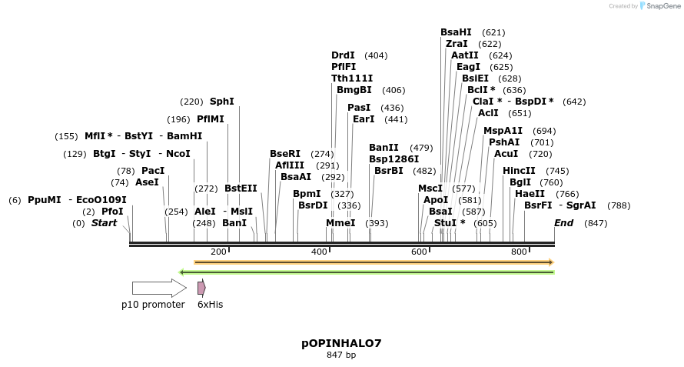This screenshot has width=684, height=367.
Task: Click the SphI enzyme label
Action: (x=221, y=102)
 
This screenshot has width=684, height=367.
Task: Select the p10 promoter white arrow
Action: (x=158, y=288)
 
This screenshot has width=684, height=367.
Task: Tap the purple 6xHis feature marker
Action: (x=201, y=288)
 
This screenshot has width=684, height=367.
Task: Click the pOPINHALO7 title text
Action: (x=341, y=343)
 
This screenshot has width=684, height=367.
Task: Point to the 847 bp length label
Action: (x=341, y=355)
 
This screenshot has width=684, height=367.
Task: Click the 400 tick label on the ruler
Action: (x=319, y=252)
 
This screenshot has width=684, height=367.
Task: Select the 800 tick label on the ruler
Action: (x=519, y=252)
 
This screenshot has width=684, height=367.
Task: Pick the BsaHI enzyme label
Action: (x=456, y=32)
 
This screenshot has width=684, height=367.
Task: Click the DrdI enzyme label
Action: (x=343, y=55)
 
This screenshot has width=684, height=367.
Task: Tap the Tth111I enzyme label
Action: (x=352, y=78)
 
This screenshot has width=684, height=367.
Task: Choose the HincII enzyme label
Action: (x=519, y=171)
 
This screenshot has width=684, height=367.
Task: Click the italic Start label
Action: (x=105, y=223)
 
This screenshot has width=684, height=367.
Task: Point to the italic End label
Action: (x=563, y=223)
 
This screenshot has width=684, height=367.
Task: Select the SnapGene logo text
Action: (x=662, y=6)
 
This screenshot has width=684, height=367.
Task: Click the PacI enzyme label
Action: (x=152, y=171)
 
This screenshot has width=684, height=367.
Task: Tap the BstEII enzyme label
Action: (x=241, y=188)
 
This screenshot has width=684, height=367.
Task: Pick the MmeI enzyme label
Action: (x=340, y=223)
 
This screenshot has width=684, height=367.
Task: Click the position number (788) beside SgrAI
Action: (x=619, y=205)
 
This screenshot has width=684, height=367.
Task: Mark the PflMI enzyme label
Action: (x=211, y=119)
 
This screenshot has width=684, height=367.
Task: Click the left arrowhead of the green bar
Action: (x=181, y=272)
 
